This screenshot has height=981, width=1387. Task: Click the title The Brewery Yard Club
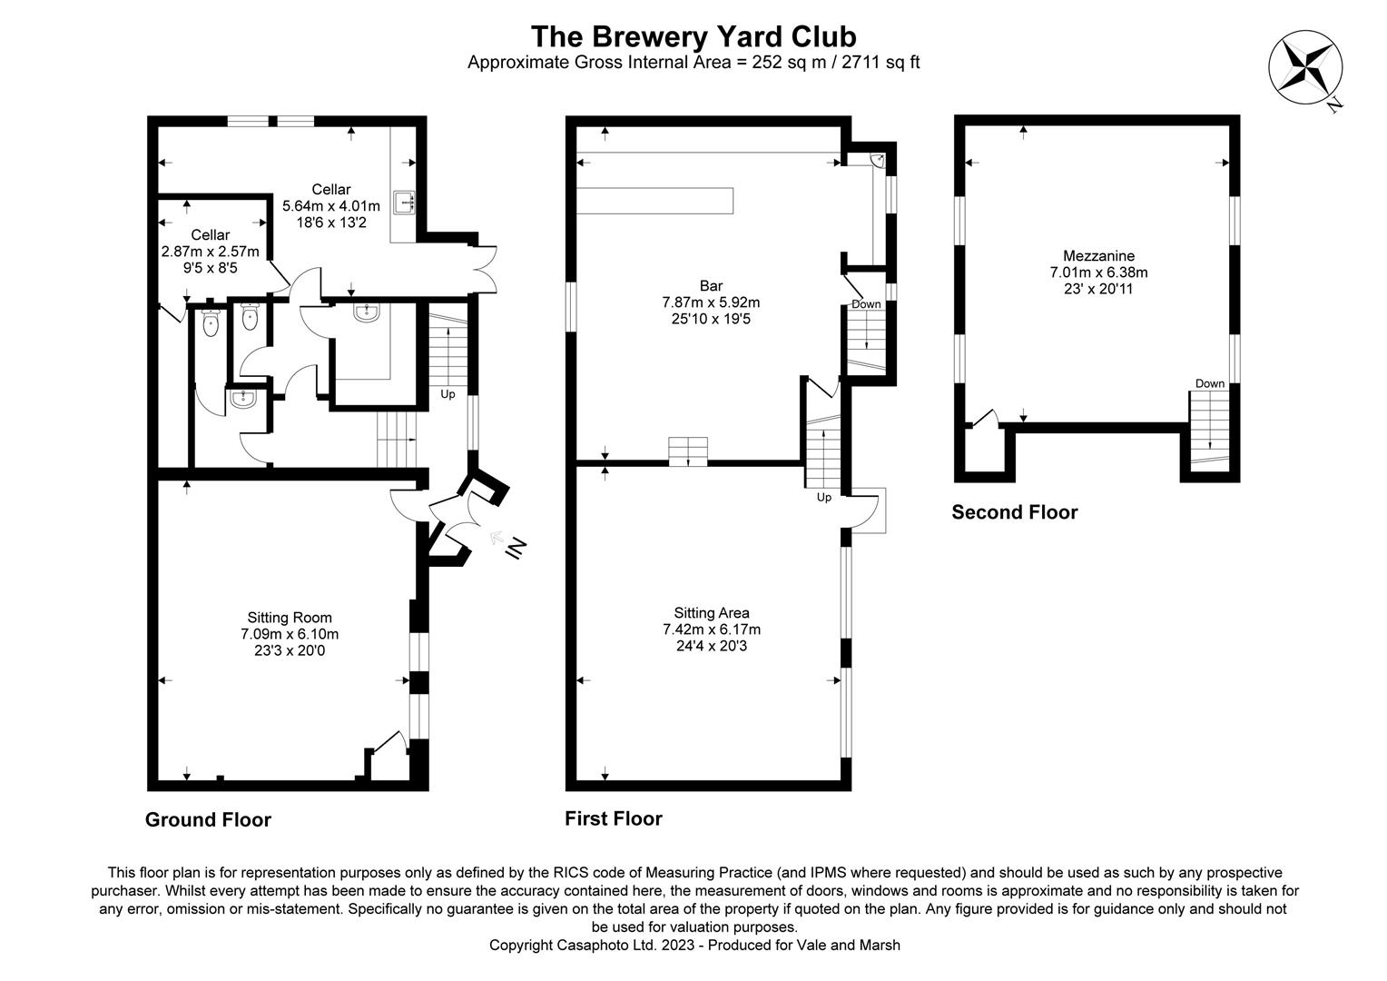[x=693, y=36]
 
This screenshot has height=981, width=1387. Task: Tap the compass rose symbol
[x=1305, y=67]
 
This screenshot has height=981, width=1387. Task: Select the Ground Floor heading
[x=208, y=819]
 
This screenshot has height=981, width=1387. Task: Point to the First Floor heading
[x=614, y=818]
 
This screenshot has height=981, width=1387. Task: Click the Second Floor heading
[x=1014, y=512]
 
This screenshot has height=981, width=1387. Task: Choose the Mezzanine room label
[x=1098, y=255]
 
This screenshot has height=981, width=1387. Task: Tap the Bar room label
[x=711, y=286]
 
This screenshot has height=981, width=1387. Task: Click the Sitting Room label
[x=290, y=618]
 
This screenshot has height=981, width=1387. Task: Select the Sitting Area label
[x=712, y=613]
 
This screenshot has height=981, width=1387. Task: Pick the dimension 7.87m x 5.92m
[x=711, y=302]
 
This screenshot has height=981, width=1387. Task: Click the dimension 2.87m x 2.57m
[x=210, y=252]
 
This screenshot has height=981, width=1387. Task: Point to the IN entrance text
[x=516, y=549]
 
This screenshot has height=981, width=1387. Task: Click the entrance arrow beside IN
[x=497, y=538]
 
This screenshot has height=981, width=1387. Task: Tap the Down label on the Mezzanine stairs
[x=1210, y=383]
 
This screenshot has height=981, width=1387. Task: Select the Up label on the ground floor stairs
[x=448, y=394]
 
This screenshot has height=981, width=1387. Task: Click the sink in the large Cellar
[x=404, y=202]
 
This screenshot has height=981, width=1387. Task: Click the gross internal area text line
[x=693, y=63]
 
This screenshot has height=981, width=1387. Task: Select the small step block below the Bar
[x=688, y=451]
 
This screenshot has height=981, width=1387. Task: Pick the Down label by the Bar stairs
[x=866, y=304]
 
